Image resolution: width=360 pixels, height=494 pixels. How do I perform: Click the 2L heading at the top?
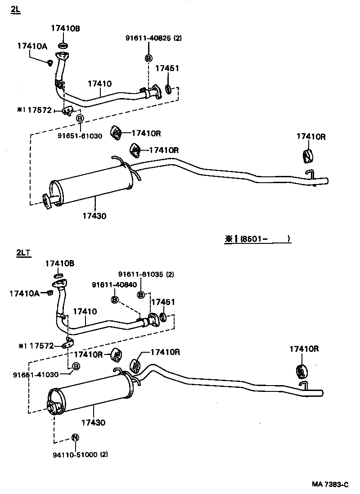[x=16, y=10]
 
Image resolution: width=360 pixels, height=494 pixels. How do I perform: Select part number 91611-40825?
[x=148, y=39]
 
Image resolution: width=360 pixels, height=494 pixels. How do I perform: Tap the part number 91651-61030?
[x=80, y=135]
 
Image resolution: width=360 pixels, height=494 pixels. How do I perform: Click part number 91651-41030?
[x=36, y=374]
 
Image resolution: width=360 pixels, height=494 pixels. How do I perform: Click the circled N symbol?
[x=76, y=438]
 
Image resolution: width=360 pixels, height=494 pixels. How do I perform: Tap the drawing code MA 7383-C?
[x=331, y=485]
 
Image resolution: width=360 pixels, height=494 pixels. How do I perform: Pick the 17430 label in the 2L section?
[x=94, y=216]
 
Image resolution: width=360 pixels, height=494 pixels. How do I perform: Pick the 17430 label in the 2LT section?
[x=93, y=422]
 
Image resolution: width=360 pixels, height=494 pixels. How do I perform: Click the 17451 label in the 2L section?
[x=167, y=68]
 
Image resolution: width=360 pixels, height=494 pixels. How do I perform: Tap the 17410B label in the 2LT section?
[x=60, y=264]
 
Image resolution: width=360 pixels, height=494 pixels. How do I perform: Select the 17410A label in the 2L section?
[x=31, y=45]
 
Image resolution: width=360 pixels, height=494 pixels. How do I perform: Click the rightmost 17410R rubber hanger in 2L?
[x=307, y=155]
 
